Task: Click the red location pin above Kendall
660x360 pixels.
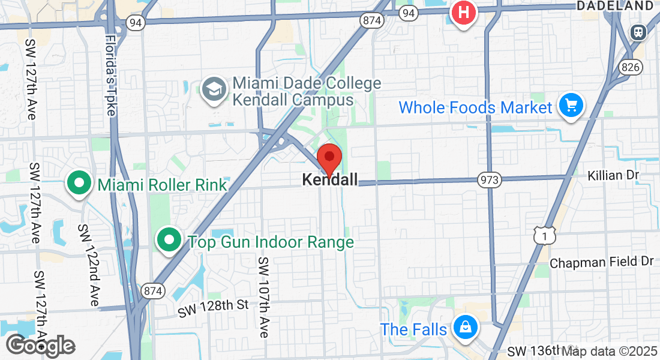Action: pos(329,158)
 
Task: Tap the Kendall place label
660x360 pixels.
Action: pos(329,179)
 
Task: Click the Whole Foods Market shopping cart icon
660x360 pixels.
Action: pos(571,106)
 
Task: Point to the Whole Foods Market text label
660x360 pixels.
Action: pos(475,108)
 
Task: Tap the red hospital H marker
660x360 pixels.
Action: pos(463,12)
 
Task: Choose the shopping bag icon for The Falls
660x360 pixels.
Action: pos(465,328)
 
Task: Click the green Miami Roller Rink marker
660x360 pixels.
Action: pos(79,183)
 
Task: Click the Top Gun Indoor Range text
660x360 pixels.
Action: pos(271,242)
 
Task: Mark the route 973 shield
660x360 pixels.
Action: pos(489,179)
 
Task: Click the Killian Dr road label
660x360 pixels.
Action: pos(614,175)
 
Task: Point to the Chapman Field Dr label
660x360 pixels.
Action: pos(601,263)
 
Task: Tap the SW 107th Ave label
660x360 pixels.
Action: pos(264,298)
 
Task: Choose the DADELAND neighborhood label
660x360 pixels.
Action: pos(614,5)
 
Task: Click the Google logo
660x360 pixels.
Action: pos(41,345)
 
